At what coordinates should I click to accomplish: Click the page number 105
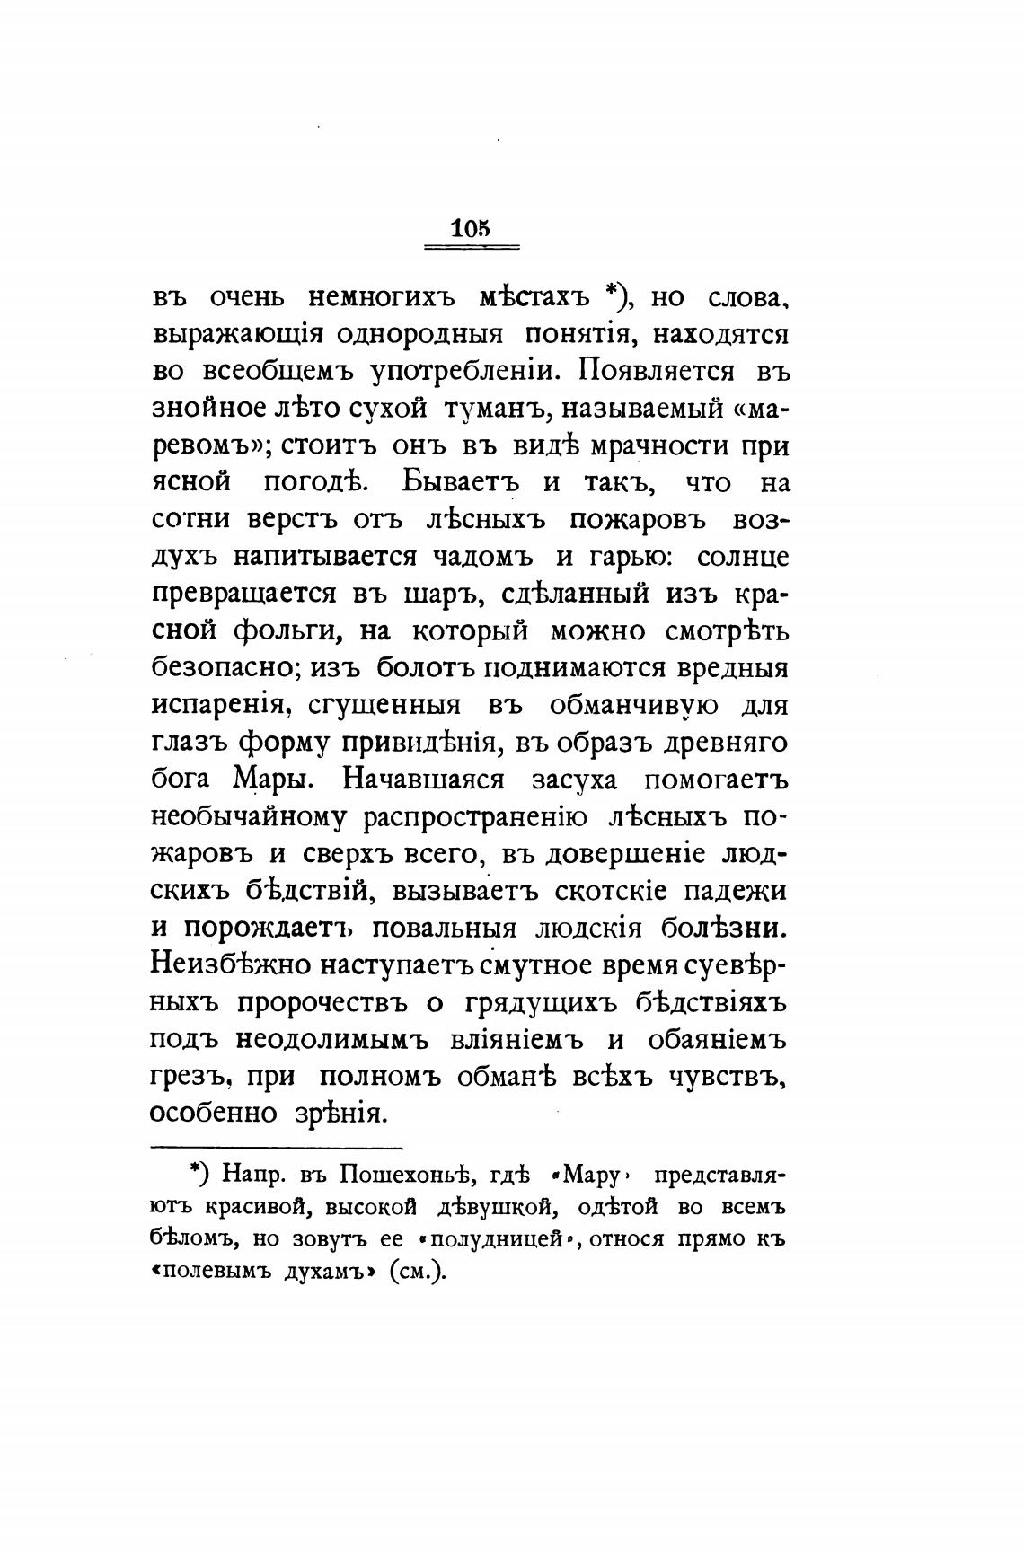(x=471, y=229)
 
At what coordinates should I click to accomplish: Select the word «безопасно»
(x=224, y=669)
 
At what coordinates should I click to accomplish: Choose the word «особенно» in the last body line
(x=211, y=1114)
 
